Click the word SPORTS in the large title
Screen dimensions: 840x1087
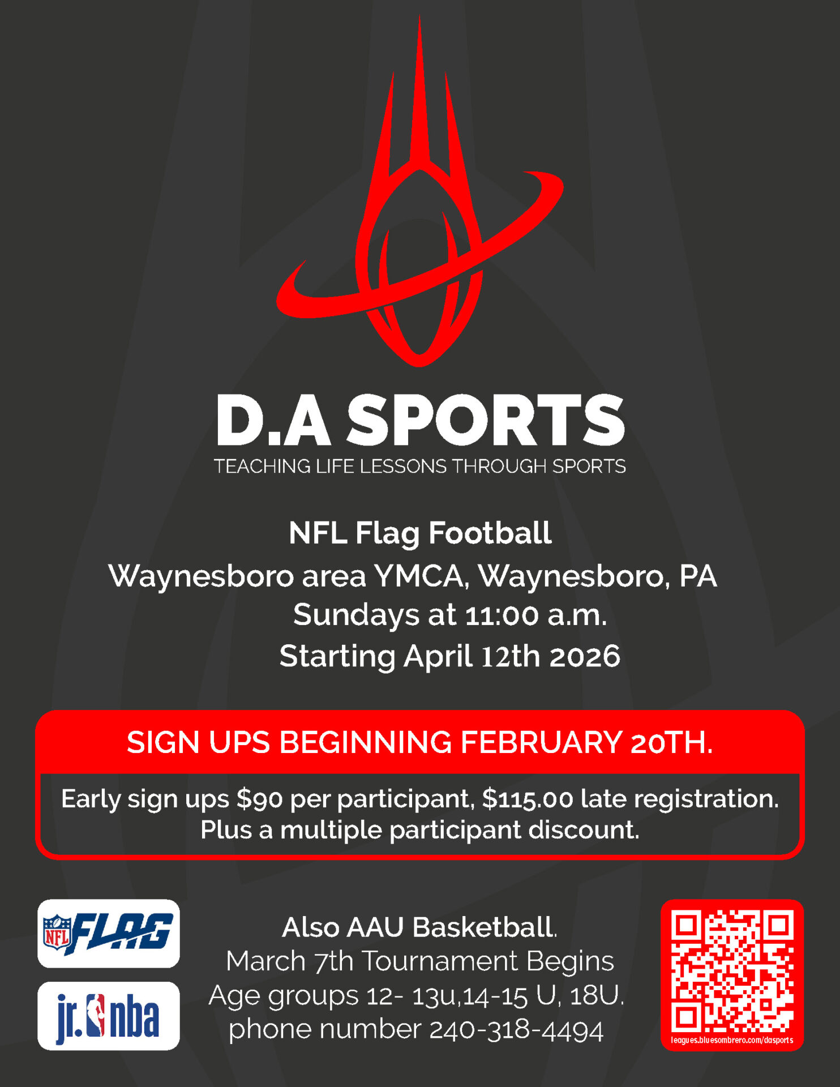tap(486, 420)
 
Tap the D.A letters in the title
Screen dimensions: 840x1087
tap(273, 420)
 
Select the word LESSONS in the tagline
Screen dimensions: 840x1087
tap(404, 466)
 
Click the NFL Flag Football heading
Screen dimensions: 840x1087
tap(420, 533)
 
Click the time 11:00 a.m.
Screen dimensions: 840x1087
tap(536, 615)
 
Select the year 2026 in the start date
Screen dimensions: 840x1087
tap(585, 657)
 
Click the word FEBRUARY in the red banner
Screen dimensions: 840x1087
tap(542, 742)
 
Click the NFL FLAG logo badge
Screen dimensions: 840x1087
tap(109, 933)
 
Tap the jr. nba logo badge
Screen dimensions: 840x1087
tap(109, 1016)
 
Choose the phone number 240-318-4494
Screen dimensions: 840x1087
tap(516, 1029)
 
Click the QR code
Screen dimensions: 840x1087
tap(732, 970)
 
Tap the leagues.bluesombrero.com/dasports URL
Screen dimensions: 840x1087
tap(732, 1040)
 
